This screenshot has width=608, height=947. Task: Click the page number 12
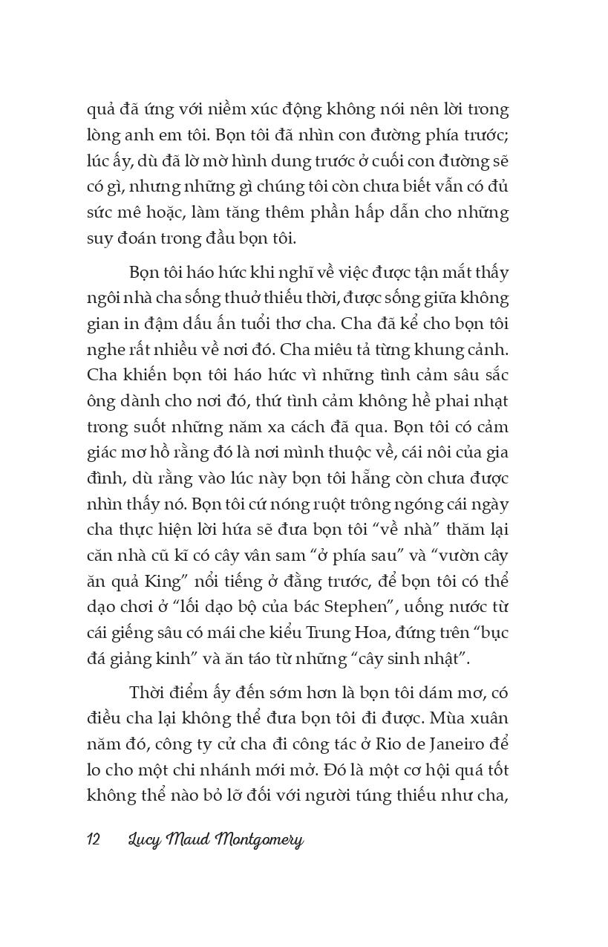94,840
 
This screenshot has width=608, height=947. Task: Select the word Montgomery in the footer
260,840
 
